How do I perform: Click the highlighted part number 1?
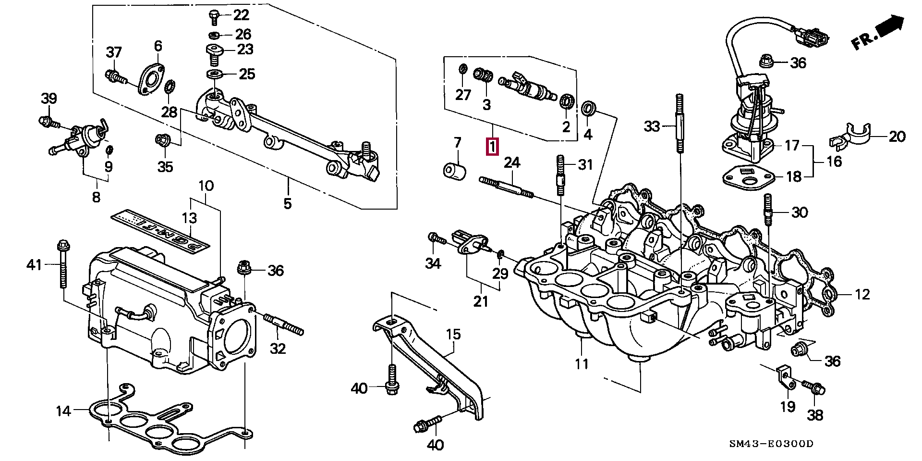(x=493, y=147)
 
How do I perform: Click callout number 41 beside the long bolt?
(x=34, y=264)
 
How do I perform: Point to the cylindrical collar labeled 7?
(x=455, y=171)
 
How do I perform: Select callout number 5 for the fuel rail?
(x=287, y=204)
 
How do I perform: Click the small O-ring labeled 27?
(x=462, y=70)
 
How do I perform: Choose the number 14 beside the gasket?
(x=63, y=411)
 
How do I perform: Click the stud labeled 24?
(x=506, y=187)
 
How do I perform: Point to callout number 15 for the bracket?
(x=453, y=334)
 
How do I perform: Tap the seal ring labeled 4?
(x=588, y=110)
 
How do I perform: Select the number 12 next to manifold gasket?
(x=862, y=294)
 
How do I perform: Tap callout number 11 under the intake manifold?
(x=582, y=364)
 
